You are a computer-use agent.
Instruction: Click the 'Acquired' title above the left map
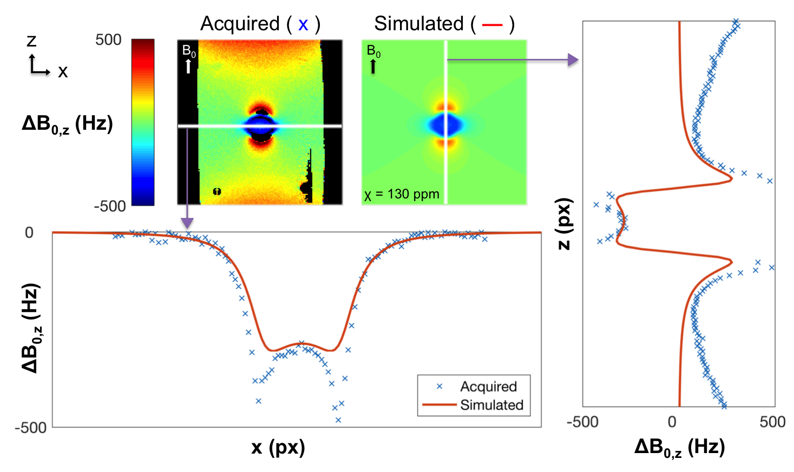tap(240, 24)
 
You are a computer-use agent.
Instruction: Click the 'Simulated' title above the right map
tap(418, 24)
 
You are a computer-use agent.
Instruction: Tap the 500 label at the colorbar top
tap(108, 40)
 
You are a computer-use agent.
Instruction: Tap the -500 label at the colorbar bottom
tap(109, 206)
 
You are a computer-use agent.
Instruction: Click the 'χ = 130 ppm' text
tap(402, 194)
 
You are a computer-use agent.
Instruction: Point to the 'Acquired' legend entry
tap(488, 387)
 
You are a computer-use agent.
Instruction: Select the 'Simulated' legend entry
tap(491, 405)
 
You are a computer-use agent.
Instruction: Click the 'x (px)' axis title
tap(278, 447)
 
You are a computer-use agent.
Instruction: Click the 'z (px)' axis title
tap(564, 224)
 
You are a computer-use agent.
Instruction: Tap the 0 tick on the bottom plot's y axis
tap(29, 233)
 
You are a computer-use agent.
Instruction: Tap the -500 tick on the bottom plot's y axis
tap(30, 428)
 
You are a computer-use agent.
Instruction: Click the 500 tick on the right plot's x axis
tap(772, 422)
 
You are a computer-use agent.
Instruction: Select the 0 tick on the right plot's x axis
tap(672, 422)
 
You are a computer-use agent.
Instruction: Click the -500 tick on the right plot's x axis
tap(582, 422)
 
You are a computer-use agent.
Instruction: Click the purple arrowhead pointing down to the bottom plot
tap(187, 222)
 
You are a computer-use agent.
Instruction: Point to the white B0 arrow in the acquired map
tap(188, 66)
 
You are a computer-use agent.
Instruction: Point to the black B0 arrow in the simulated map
tap(373, 67)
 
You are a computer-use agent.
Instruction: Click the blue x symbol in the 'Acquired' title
tap(303, 25)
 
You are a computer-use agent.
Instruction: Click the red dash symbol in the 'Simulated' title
tap(492, 24)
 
